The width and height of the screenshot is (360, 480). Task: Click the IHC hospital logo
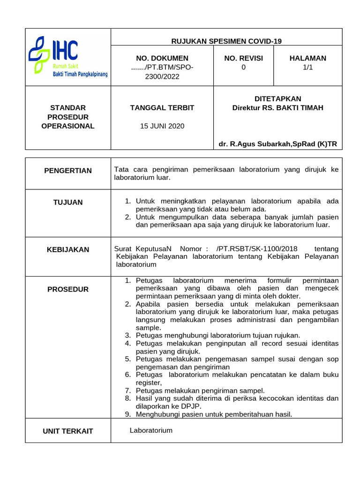click(x=67, y=57)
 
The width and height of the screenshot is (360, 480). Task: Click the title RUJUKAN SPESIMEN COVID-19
click(x=226, y=41)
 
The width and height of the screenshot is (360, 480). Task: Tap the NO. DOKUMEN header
click(x=162, y=58)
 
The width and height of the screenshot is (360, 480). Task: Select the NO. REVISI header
click(x=243, y=58)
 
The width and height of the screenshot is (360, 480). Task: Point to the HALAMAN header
click(x=307, y=58)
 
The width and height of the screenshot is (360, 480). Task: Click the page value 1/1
click(x=307, y=67)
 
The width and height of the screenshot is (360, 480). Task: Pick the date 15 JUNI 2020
click(x=162, y=126)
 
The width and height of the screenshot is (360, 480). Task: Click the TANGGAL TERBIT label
click(x=162, y=107)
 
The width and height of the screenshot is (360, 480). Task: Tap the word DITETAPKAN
click(x=277, y=98)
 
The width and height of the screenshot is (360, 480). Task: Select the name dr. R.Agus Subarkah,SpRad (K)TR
click(x=277, y=144)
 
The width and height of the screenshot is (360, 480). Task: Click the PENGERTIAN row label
click(x=68, y=170)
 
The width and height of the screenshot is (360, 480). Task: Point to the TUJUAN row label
click(x=68, y=202)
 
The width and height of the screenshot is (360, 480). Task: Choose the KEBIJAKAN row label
click(x=68, y=249)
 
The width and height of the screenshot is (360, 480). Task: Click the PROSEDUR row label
click(x=68, y=289)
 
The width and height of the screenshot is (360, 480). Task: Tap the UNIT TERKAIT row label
click(x=68, y=431)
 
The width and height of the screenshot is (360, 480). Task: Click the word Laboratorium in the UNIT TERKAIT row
click(x=151, y=430)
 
